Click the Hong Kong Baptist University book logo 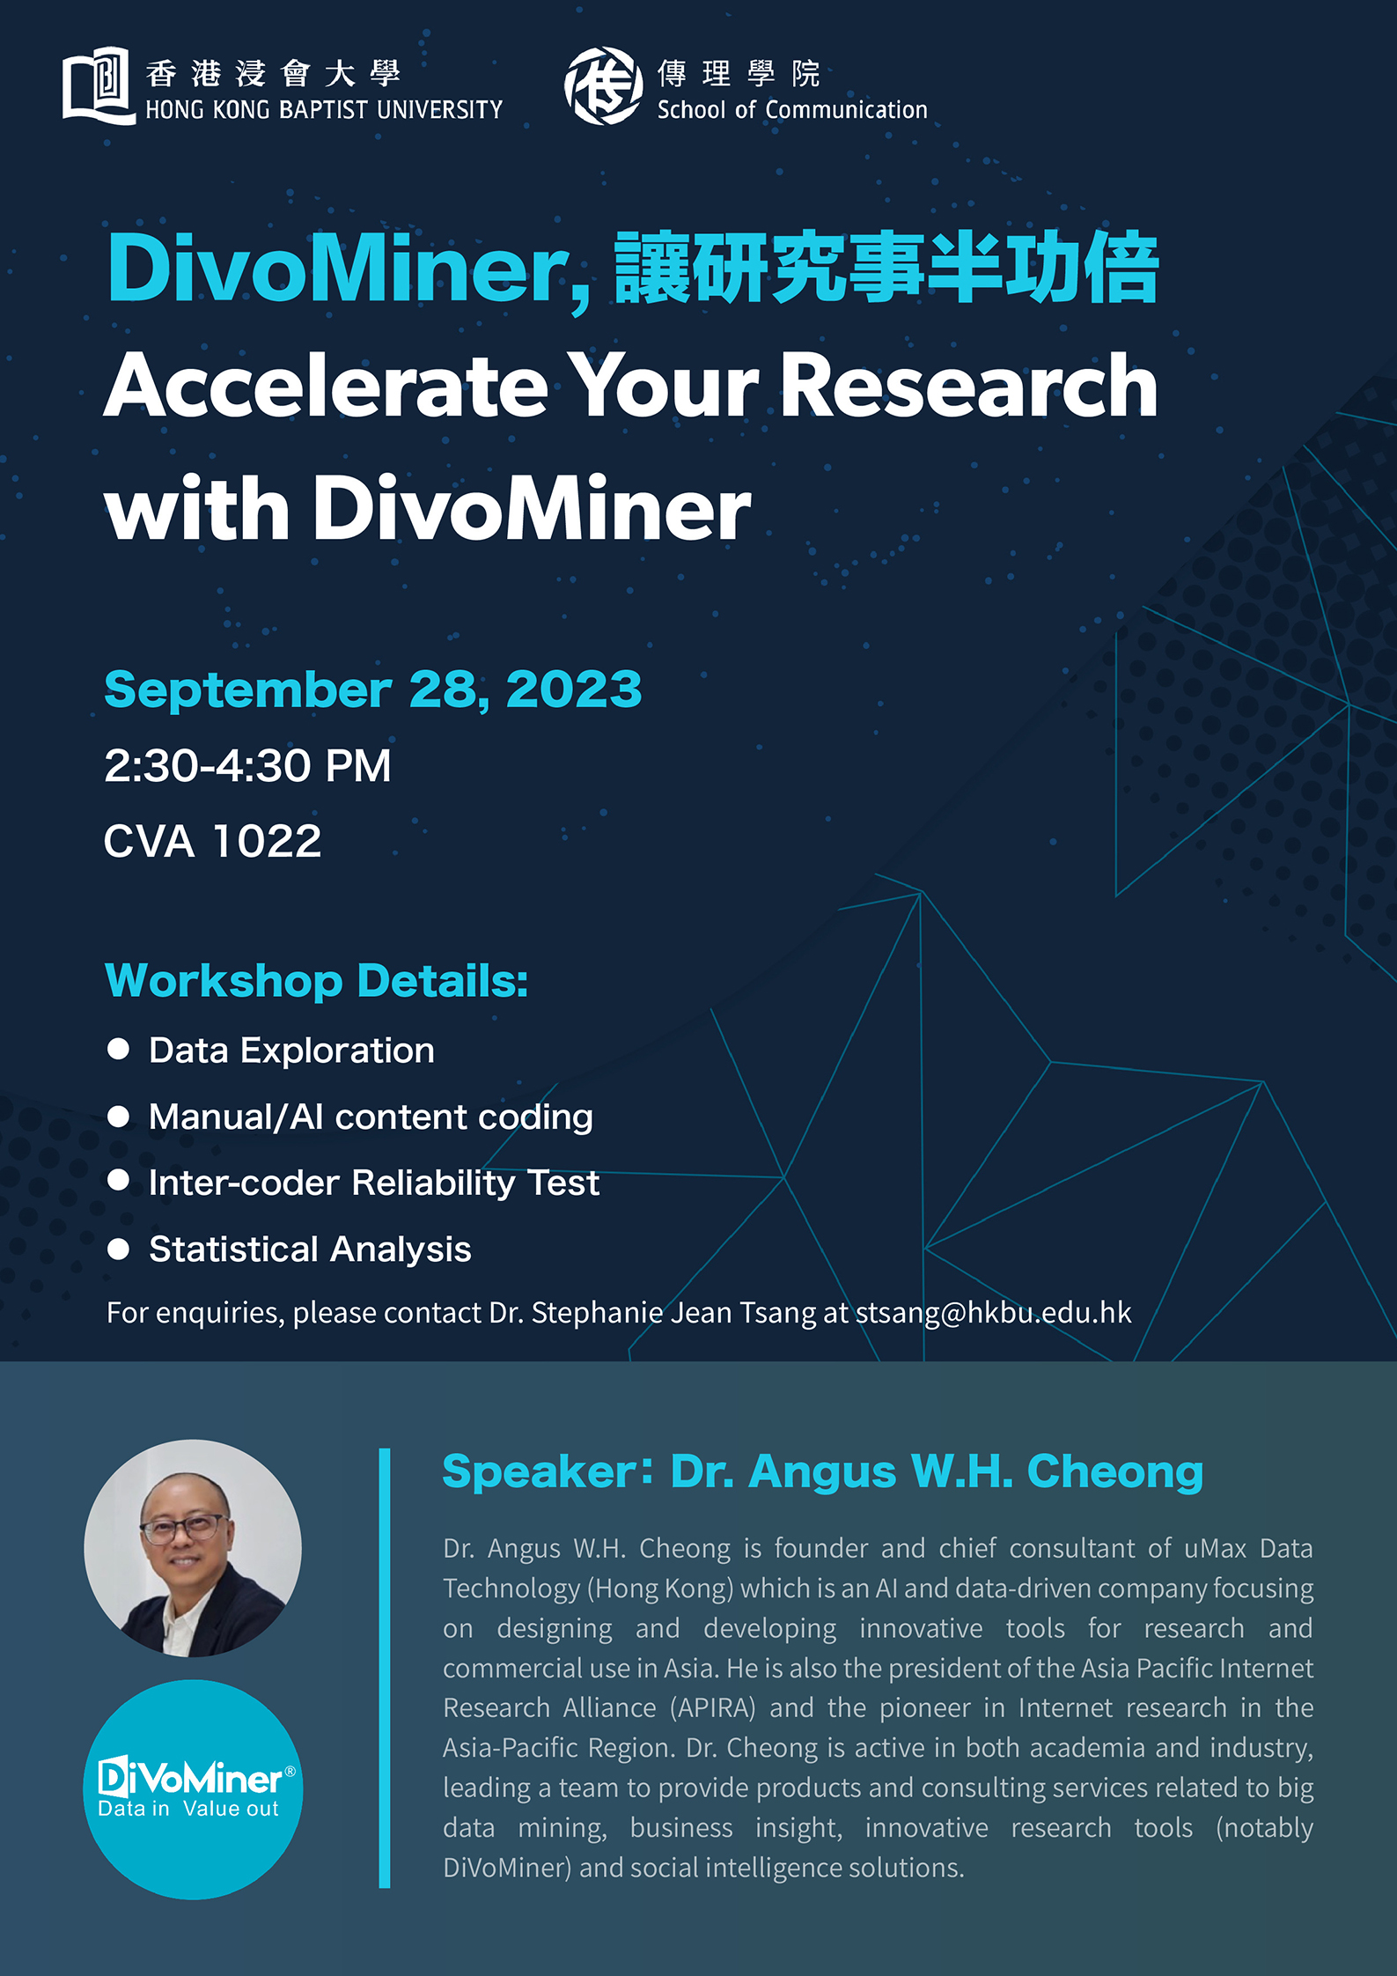(x=99, y=85)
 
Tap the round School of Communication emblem (x=603, y=85)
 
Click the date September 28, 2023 (x=373, y=689)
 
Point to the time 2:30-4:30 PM (x=247, y=765)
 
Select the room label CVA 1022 (x=212, y=841)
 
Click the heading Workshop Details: (x=316, y=981)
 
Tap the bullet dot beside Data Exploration (x=118, y=1049)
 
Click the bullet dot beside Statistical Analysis (x=118, y=1249)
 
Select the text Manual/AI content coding (x=371, y=1117)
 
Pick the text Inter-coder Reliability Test (x=374, y=1183)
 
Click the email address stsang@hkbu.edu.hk (x=994, y=1313)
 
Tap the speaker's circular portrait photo (x=193, y=1548)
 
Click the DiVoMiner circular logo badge (x=193, y=1789)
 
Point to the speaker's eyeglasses (x=182, y=1529)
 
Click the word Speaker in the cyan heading (x=540, y=1472)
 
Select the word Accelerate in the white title (x=327, y=386)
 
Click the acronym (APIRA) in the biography (x=713, y=1708)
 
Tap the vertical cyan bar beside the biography (x=385, y=1667)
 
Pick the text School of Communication (x=792, y=110)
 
